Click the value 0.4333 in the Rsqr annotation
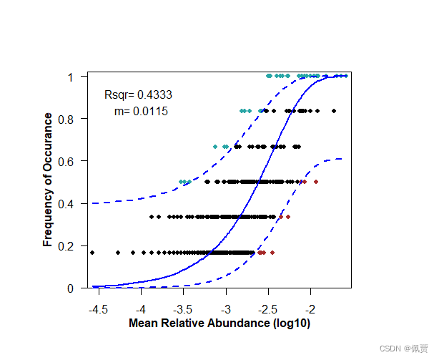(x=154, y=94)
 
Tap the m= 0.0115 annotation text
(x=141, y=112)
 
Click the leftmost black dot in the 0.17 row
(x=92, y=252)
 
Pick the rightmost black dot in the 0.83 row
(x=334, y=111)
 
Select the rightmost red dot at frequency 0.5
(x=316, y=182)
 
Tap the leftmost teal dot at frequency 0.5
(x=181, y=182)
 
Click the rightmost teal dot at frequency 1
(x=346, y=76)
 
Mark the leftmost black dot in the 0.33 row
(x=152, y=216)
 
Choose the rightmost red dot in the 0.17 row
(x=272, y=252)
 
